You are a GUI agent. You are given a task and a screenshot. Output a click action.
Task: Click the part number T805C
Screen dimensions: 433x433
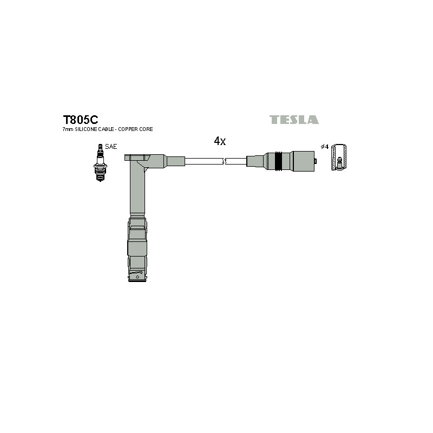click(80, 120)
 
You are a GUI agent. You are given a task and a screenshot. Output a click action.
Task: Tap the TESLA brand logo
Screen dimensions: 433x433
click(294, 120)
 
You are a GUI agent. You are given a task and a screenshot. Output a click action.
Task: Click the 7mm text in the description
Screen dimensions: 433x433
click(68, 129)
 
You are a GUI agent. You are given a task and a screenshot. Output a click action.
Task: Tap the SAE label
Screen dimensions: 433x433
click(111, 147)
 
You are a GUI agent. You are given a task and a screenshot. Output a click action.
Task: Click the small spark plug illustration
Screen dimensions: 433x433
click(100, 163)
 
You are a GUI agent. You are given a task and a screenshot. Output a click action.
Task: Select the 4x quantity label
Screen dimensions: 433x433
click(220, 141)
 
